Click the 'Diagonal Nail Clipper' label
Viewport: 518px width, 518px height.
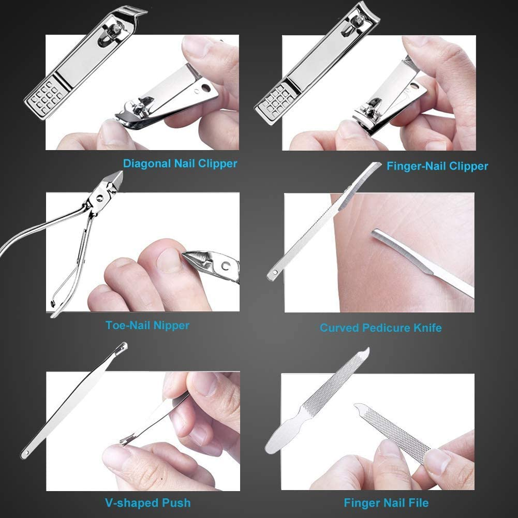tap(180, 164)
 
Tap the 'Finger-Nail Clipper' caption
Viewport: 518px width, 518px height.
tap(437, 166)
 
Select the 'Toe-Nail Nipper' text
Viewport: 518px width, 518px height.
tap(147, 325)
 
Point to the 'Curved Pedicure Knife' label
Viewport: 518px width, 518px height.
tap(380, 328)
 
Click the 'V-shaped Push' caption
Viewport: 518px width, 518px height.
tap(146, 502)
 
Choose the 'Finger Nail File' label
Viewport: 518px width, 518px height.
tap(386, 502)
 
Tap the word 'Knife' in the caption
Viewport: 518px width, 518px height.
tap(426, 328)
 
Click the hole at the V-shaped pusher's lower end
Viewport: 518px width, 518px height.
tap(24, 454)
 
